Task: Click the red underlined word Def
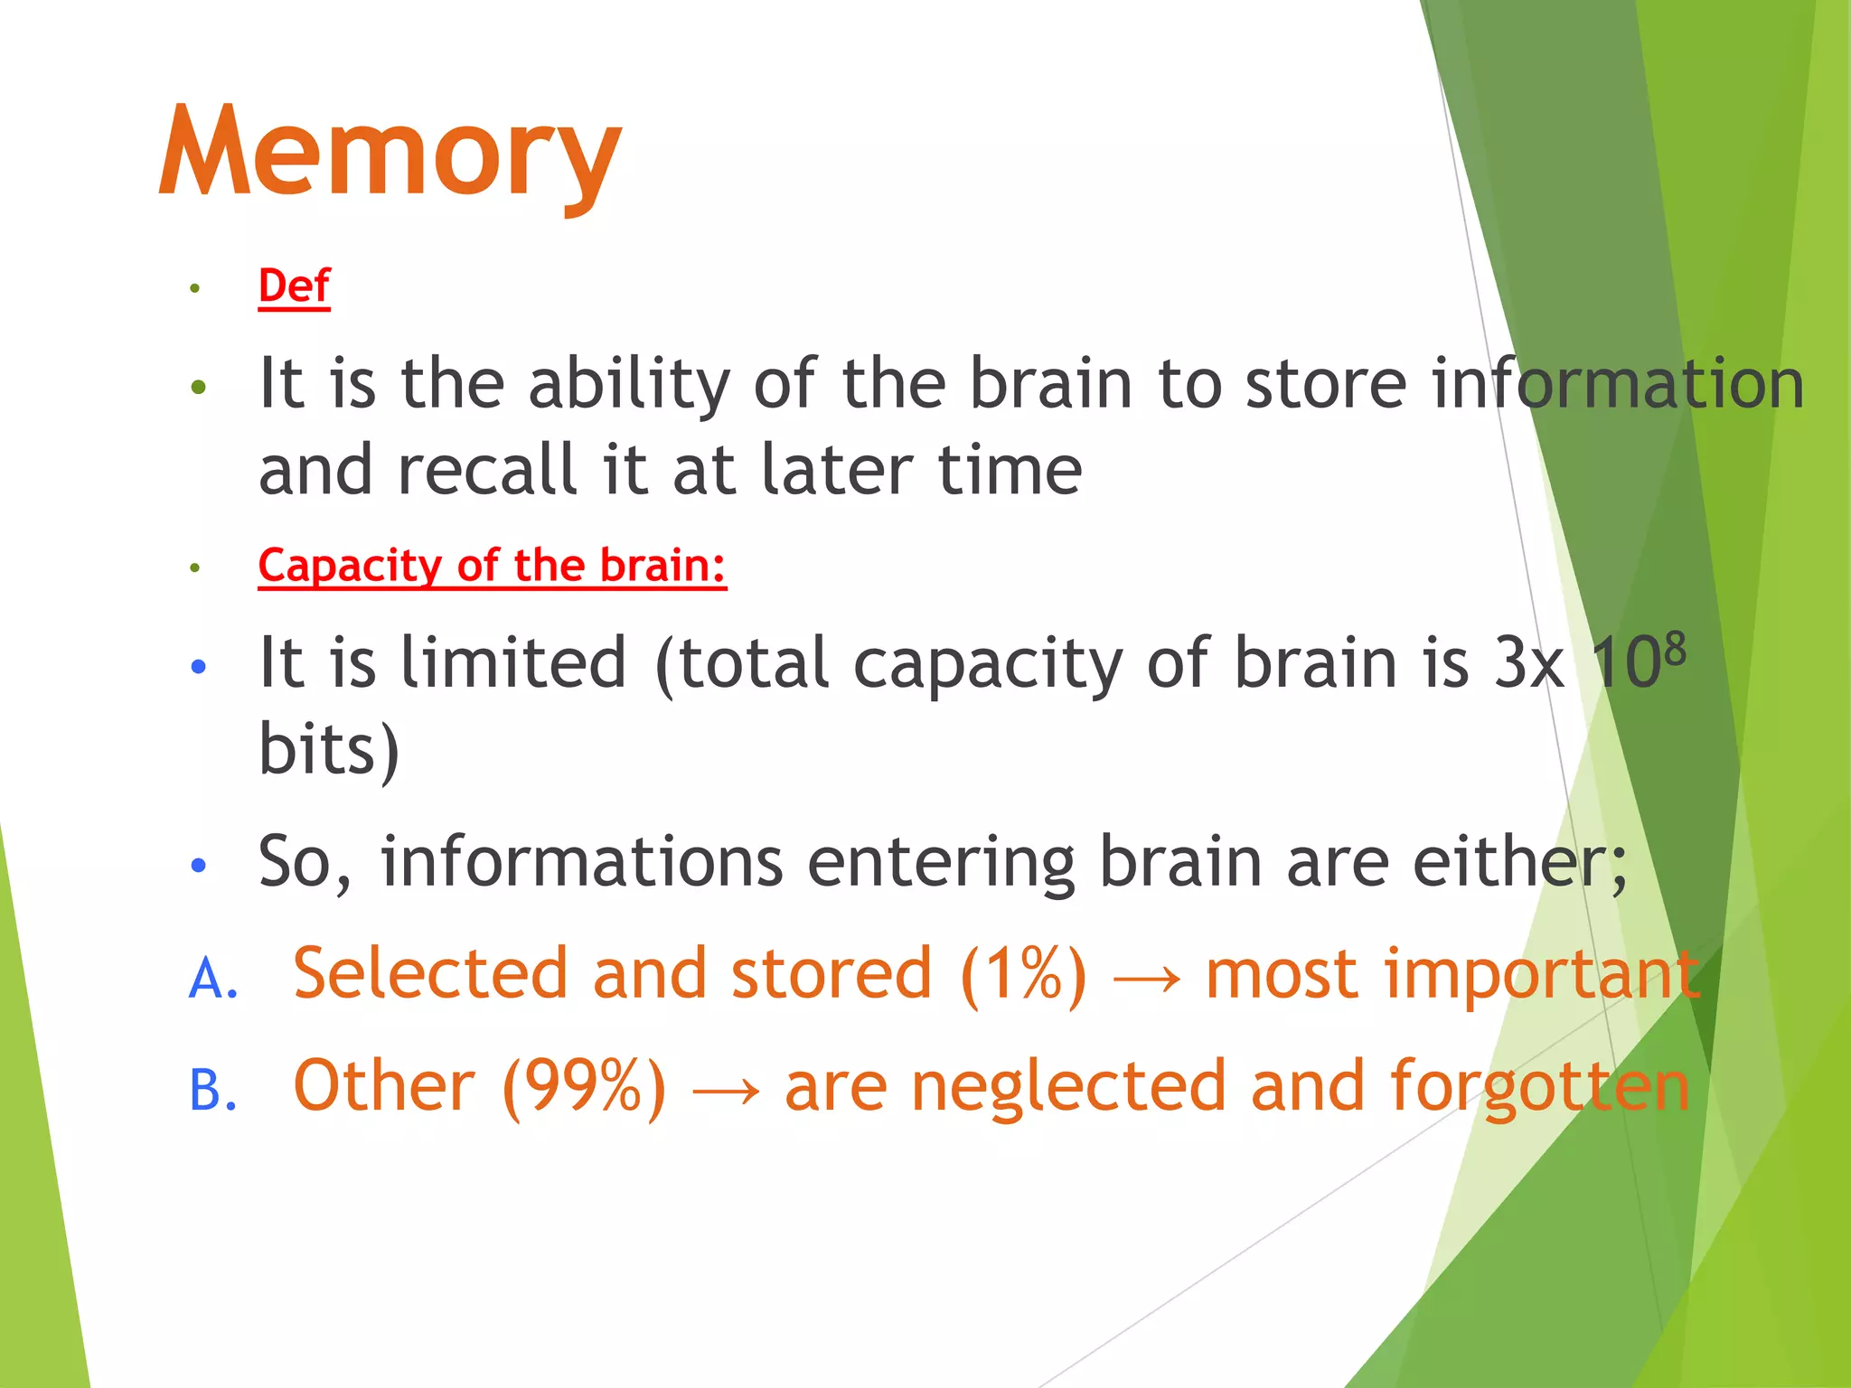[x=294, y=286]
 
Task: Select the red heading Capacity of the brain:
[x=492, y=567]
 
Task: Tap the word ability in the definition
[x=628, y=385]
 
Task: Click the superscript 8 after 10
[x=1675, y=649]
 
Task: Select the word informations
[x=581, y=861]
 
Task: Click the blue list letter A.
[x=213, y=979]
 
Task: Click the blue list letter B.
[x=213, y=1090]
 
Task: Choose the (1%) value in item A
[x=1023, y=975]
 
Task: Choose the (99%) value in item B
[x=584, y=1087]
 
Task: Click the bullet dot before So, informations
[x=199, y=866]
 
